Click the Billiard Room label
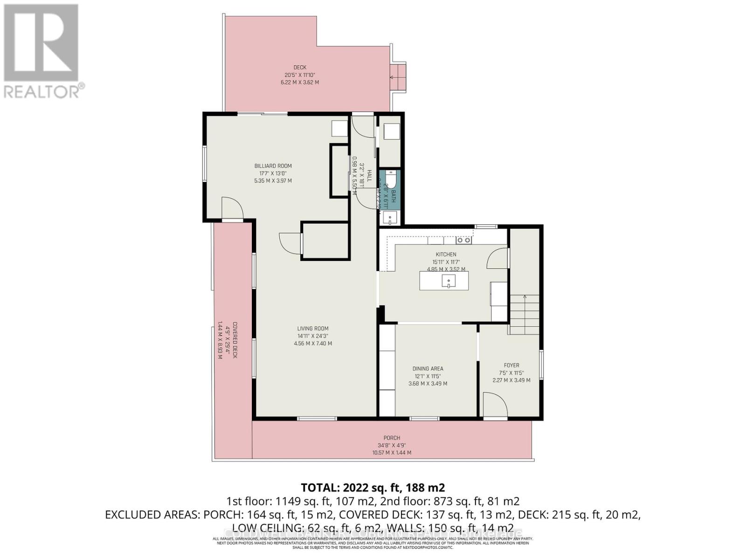click(273, 166)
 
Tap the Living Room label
click(312, 329)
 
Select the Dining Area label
click(428, 369)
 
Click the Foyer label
click(511, 365)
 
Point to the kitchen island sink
click(448, 281)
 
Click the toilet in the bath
click(391, 179)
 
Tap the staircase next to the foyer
click(525, 315)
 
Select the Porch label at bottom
click(392, 438)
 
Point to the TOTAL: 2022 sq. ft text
click(373, 488)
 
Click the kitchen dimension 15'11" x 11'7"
click(446, 262)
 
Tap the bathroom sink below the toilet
click(390, 217)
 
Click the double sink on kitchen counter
click(463, 240)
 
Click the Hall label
click(369, 176)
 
